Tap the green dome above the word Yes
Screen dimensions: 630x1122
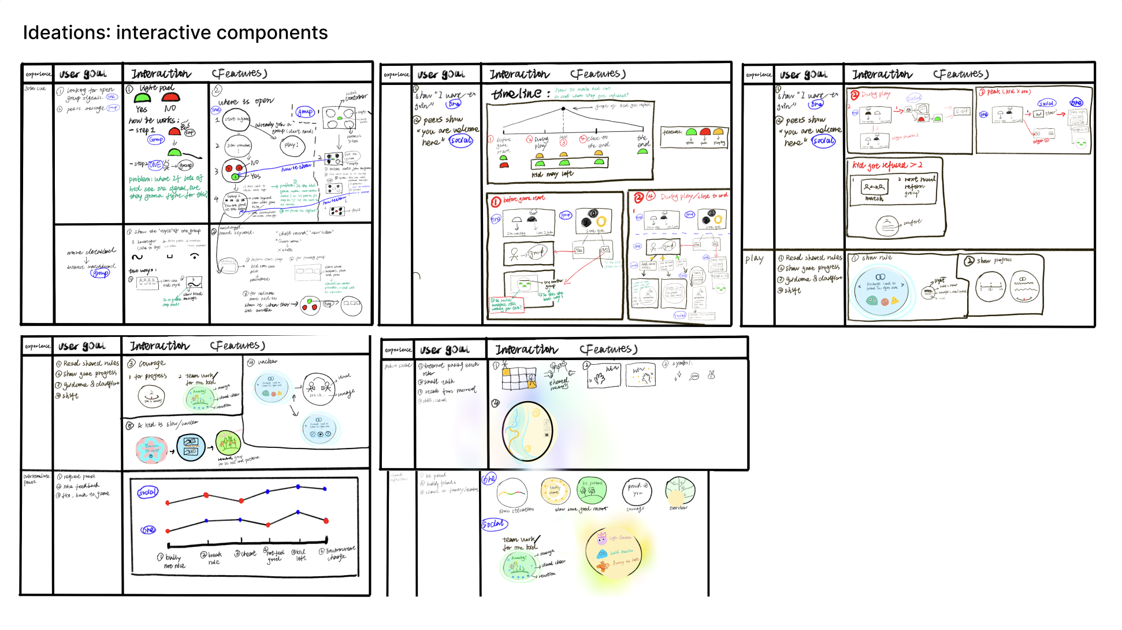(142, 98)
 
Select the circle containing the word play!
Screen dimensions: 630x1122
(291, 145)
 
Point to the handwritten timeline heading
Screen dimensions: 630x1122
(517, 94)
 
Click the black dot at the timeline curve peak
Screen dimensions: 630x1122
(564, 109)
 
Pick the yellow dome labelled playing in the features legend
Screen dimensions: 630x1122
(718, 132)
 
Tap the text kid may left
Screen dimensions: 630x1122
(552, 174)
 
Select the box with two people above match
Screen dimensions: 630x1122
(874, 187)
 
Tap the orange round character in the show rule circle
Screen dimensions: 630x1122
(885, 301)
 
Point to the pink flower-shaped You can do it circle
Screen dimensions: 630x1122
(151, 450)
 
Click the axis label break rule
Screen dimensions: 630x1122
(214, 558)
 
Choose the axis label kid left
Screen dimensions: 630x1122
(300, 555)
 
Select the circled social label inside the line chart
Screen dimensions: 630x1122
(147, 492)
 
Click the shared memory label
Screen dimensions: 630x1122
(559, 384)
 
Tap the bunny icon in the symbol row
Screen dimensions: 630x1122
(711, 375)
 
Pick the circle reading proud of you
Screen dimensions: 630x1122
(637, 490)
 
